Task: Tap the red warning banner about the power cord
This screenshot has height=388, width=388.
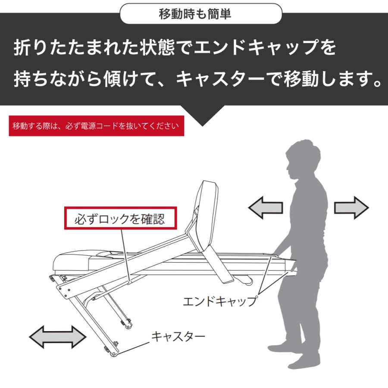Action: pyautogui.click(x=96, y=126)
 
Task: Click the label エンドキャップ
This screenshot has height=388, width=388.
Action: pyautogui.click(x=219, y=300)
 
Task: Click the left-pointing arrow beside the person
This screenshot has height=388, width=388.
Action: pyautogui.click(x=266, y=208)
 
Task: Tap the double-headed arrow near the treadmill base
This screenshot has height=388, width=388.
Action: pyautogui.click(x=57, y=337)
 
